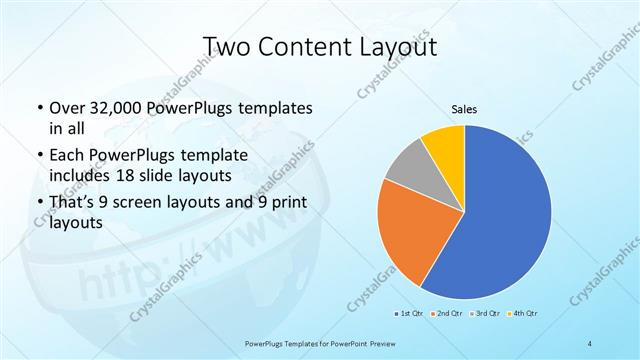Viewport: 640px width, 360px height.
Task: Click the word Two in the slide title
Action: tap(228, 46)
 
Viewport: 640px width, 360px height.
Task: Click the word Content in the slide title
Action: tap(307, 46)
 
